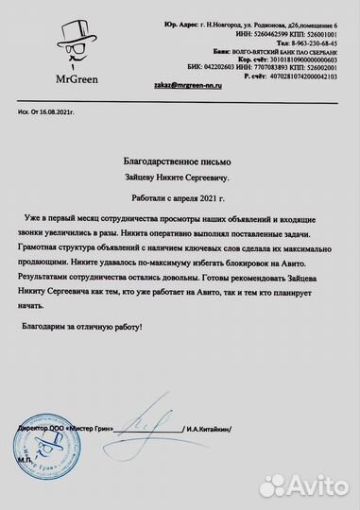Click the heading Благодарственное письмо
coord(180,164)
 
